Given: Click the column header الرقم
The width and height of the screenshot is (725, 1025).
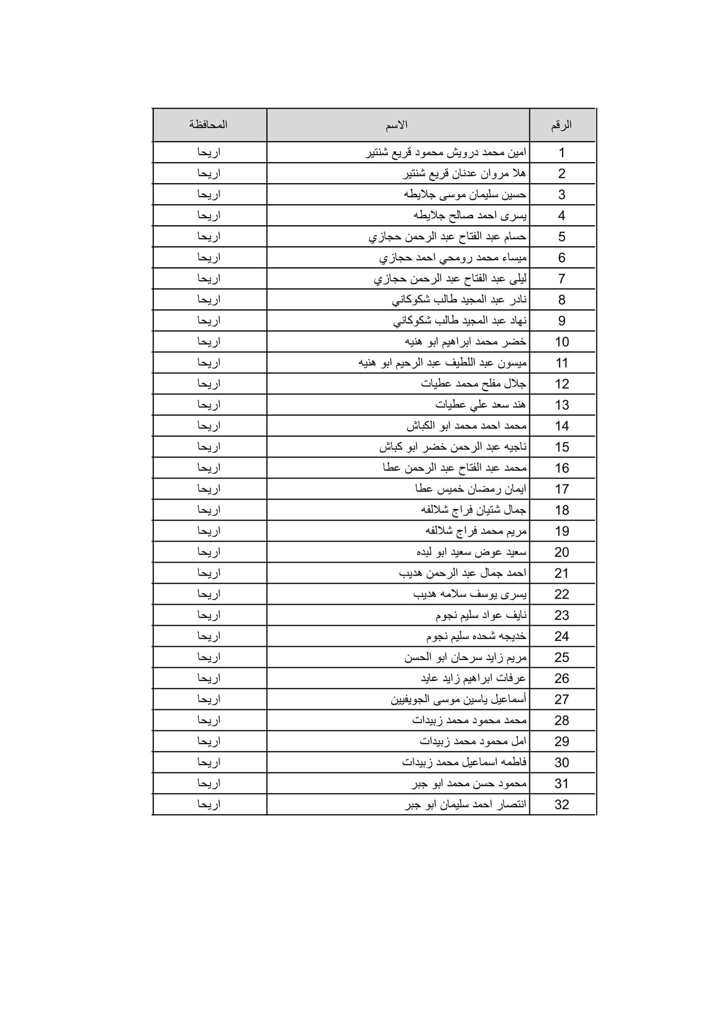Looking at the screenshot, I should click(561, 125).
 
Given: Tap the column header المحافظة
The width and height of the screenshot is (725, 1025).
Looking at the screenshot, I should click(208, 125).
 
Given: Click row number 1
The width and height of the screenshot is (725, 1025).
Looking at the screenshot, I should click(562, 153).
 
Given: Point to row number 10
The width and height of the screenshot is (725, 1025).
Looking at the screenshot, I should click(562, 342).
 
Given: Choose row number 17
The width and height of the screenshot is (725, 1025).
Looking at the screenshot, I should click(562, 489).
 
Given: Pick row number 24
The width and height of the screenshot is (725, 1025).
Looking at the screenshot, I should click(562, 636).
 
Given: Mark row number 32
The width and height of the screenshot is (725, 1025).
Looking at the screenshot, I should click(562, 804).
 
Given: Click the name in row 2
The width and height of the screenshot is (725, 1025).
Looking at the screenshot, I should click(465, 174).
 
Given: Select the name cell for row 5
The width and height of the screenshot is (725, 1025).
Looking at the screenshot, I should click(448, 237).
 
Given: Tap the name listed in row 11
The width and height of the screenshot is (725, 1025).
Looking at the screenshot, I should click(443, 363).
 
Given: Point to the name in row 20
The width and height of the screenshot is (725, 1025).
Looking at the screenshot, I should click(471, 552).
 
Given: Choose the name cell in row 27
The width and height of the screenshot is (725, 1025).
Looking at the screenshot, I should click(459, 699).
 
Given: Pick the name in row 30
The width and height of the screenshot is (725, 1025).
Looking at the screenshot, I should click(464, 762).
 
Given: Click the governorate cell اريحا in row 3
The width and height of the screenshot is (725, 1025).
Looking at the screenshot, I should click(209, 195).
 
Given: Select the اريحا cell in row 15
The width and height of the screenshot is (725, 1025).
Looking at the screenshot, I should click(209, 447).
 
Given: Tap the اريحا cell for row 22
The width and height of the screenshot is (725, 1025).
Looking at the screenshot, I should click(209, 594).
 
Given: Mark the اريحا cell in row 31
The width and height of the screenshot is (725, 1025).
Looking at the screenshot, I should click(209, 783).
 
